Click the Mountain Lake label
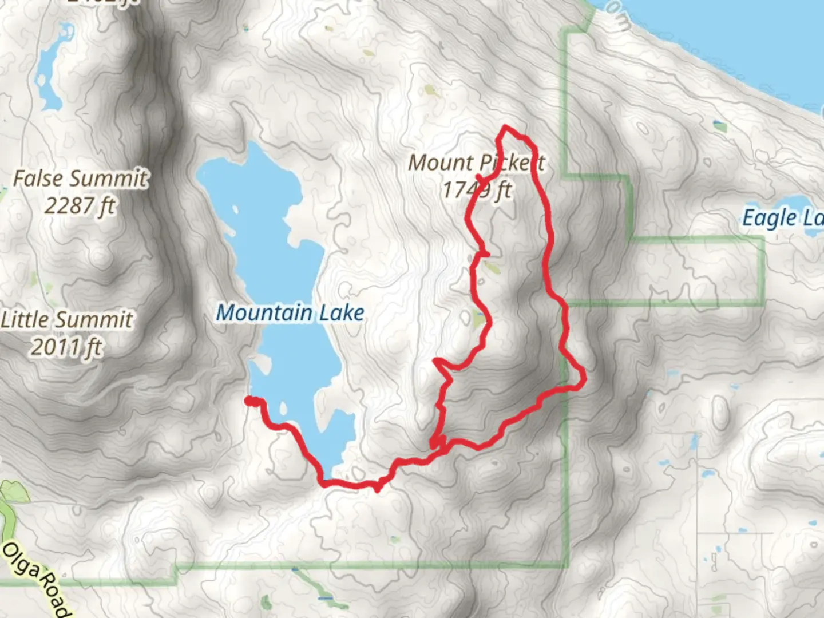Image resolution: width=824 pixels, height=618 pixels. tap(290, 313)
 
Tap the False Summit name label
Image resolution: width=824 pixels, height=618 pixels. tap(80, 179)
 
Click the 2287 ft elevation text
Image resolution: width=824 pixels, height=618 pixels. tap(80, 205)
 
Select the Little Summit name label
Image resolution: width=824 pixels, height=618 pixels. tap(67, 319)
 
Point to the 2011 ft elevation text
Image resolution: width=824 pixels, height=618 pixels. tap(67, 347)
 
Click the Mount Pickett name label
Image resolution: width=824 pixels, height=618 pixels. tap(476, 163)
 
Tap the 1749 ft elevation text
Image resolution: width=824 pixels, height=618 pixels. tap(477, 189)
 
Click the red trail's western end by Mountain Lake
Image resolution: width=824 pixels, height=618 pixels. tap(248, 401)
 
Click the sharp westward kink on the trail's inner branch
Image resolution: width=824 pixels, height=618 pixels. tap(437, 361)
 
